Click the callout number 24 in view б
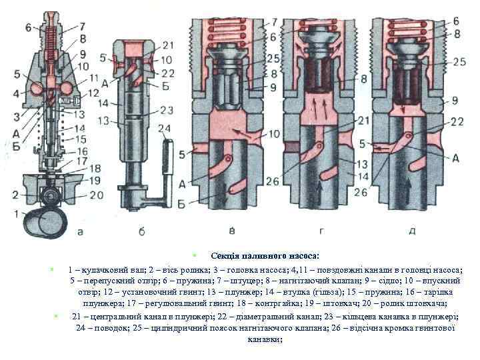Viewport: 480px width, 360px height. [x=165, y=128]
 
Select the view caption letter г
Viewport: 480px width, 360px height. [x=323, y=231]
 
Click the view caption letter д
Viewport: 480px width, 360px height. [x=412, y=231]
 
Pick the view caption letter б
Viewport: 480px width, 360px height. [x=141, y=231]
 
